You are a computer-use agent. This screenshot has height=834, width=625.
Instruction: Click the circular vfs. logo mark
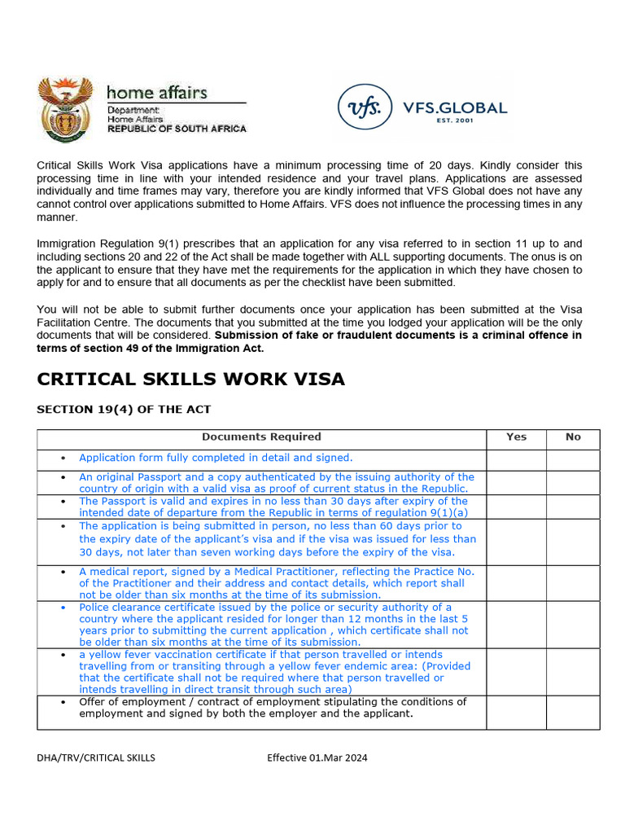tap(364, 108)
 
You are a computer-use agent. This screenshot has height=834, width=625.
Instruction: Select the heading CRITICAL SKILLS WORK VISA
tap(190, 379)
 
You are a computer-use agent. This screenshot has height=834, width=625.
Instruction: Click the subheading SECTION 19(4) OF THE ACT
tap(124, 409)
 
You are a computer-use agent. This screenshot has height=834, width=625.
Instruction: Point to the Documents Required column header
tap(261, 437)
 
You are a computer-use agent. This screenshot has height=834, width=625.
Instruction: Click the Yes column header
tap(516, 437)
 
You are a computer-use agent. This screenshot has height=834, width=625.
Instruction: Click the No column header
tap(573, 437)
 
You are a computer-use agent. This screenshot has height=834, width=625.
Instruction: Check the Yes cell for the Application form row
tap(516, 460)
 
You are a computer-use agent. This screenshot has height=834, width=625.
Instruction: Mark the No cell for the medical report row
tap(573, 582)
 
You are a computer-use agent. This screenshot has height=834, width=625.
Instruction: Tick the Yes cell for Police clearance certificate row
tap(516, 624)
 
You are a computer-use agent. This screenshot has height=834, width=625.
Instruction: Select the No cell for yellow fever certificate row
tap(573, 671)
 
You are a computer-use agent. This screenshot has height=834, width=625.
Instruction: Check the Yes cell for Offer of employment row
tap(516, 712)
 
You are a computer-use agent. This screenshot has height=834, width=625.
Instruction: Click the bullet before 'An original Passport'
tap(64, 477)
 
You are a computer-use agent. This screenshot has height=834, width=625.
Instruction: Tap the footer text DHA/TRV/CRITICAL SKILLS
tap(96, 757)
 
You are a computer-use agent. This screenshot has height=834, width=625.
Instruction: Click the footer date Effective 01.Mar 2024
tap(317, 757)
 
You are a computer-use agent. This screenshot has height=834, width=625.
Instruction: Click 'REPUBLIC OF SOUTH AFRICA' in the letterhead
tap(177, 129)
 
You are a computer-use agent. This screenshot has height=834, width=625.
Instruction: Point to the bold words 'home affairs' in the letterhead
tap(157, 93)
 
